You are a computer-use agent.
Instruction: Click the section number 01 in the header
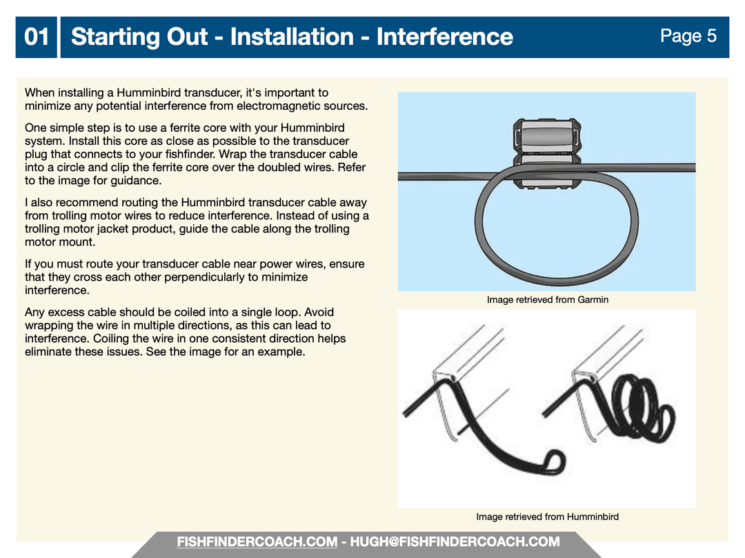coord(37,37)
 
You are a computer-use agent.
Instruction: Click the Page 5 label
coord(688,36)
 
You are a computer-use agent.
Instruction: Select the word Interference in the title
coord(445,37)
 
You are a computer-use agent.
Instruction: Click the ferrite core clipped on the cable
coord(547,153)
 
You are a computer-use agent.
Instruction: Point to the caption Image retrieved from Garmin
coord(547,299)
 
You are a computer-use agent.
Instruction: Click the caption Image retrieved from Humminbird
coord(547,517)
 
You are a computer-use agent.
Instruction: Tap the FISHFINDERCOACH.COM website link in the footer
coord(257,542)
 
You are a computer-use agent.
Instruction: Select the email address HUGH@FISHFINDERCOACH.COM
coord(455,542)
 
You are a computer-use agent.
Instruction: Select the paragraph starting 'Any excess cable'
coord(186,332)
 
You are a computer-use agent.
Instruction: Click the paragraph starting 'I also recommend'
coord(197,222)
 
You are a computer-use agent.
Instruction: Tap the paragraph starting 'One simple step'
coord(195,155)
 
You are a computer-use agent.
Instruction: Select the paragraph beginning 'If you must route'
coord(195,277)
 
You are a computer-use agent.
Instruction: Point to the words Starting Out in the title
coord(139,37)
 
